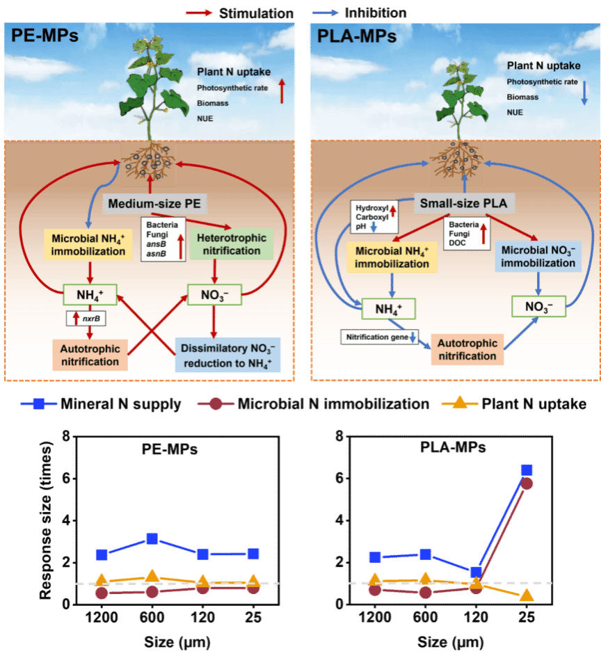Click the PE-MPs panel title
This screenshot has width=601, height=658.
point(45,35)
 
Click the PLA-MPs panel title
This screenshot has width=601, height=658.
point(357,35)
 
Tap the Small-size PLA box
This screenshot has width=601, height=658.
point(465,204)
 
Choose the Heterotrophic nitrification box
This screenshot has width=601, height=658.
point(232,245)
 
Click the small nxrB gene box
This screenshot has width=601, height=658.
point(90,319)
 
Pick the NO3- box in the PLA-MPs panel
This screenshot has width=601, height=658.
point(538,305)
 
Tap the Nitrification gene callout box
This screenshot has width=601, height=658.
point(379,337)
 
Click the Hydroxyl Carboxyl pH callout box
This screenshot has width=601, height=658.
point(374,217)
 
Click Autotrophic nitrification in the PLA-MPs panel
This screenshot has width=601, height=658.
point(467,349)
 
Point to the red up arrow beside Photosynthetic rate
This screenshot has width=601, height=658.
point(282,91)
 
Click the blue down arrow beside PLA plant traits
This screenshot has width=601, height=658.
point(584,91)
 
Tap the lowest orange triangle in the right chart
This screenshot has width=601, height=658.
point(527,595)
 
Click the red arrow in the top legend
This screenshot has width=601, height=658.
point(199,13)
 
